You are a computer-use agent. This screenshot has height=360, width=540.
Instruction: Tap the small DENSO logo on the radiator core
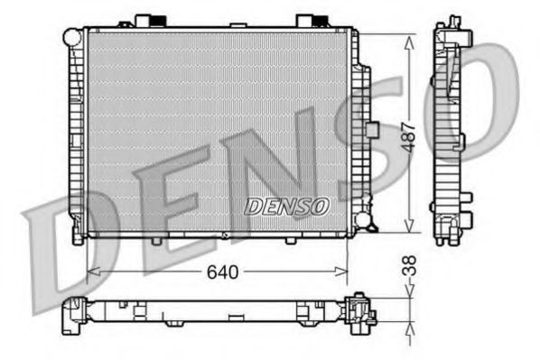pos(286,206)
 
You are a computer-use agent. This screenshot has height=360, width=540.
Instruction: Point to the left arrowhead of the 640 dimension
pos(90,272)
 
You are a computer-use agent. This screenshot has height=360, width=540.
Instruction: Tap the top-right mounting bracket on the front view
pos(307,20)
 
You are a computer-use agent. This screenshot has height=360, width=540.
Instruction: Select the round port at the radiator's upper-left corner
pos(71,35)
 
